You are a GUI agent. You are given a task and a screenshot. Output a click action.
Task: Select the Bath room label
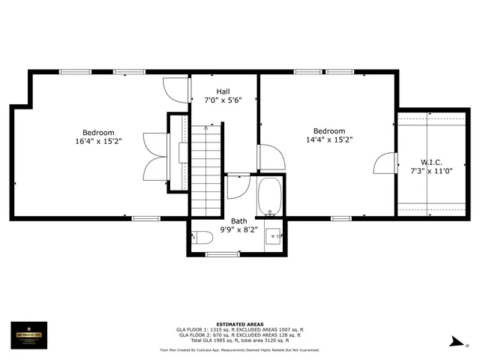(238, 220)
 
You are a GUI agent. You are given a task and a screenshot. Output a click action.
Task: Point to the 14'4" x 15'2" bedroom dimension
(329, 139)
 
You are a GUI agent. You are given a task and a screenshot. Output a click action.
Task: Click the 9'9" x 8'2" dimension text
(238, 229)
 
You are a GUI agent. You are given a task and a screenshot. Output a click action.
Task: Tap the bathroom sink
(273, 235)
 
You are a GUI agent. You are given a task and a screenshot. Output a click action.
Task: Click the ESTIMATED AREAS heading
(240, 324)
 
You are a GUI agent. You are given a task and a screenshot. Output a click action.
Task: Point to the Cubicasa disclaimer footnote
(240, 349)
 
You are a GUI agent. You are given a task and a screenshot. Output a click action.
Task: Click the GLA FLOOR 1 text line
(240, 329)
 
